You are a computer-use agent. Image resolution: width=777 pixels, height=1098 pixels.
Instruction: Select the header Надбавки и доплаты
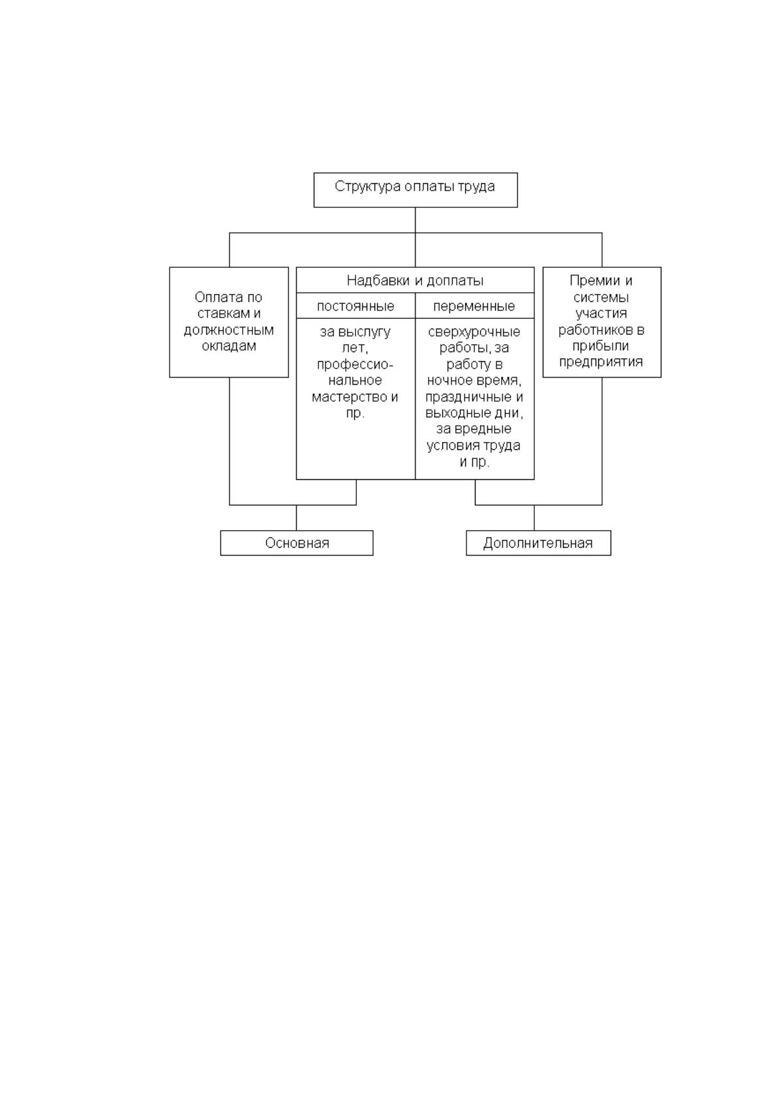coord(415,281)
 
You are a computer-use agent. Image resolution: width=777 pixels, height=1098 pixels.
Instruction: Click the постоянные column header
coord(356,307)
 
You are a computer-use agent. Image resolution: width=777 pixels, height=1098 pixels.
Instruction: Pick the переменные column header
coord(474,307)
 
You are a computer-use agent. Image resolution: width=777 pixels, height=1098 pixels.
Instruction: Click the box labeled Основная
coord(297,543)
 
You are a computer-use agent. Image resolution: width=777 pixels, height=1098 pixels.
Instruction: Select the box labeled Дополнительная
coord(538,543)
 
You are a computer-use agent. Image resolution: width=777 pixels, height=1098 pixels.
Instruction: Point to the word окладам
coord(229,347)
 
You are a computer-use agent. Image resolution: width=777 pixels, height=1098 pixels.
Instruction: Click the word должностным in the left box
coord(229,331)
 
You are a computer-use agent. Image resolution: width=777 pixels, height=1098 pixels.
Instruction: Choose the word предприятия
coord(601,363)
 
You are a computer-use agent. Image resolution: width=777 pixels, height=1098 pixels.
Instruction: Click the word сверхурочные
coord(474,333)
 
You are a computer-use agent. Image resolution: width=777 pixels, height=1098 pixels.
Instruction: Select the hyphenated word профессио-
coord(356,365)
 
